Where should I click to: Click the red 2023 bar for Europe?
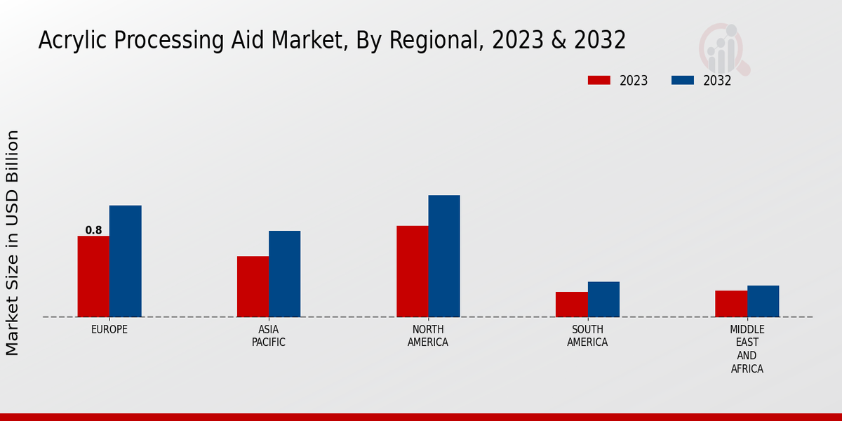click(93, 276)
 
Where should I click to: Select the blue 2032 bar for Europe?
click(125, 261)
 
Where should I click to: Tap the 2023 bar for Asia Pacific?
click(253, 286)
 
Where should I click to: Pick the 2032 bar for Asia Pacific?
click(284, 274)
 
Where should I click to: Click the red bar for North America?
click(412, 271)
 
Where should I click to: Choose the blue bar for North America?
click(444, 256)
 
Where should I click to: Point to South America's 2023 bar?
click(571, 305)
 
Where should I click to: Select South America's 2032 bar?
click(603, 299)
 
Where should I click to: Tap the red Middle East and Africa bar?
click(731, 304)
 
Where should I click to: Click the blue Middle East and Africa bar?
click(763, 301)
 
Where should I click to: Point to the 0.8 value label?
click(93, 230)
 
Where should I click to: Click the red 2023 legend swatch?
click(599, 80)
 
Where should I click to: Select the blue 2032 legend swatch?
click(682, 80)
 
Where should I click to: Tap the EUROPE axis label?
click(109, 329)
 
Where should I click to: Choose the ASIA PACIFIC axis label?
click(269, 335)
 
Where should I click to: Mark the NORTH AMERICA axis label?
click(428, 335)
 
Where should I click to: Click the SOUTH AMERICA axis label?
click(587, 335)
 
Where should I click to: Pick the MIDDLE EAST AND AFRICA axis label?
click(747, 349)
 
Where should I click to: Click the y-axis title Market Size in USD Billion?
click(13, 242)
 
